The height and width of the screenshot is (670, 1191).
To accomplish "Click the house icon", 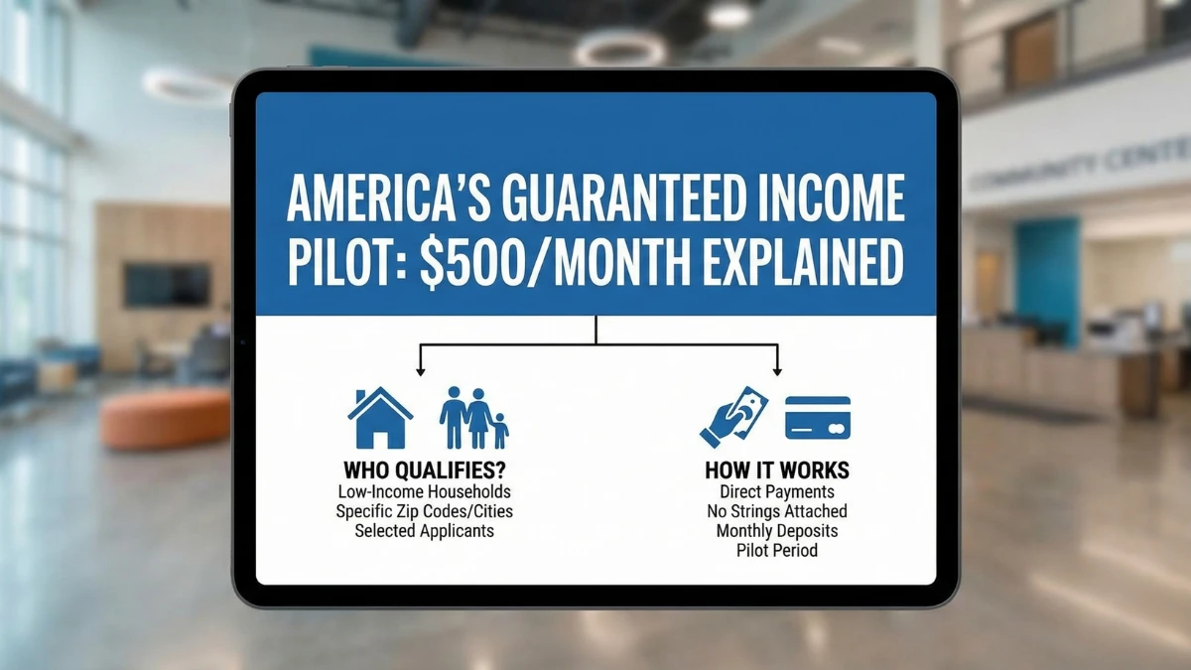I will point(380,418).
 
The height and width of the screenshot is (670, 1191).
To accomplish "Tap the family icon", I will point(473,418).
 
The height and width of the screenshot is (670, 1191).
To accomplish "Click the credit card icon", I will point(818,418).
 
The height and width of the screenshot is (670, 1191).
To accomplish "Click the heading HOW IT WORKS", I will point(777,469).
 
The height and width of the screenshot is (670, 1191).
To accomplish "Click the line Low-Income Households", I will point(424,491).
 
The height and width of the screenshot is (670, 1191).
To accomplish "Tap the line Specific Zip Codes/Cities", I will point(424,511).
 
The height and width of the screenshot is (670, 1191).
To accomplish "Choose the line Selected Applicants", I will point(424,531).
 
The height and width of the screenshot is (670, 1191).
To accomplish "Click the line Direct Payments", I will point(777,491).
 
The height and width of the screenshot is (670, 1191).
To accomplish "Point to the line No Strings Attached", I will point(777,511).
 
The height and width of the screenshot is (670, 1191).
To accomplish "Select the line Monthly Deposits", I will point(777,531).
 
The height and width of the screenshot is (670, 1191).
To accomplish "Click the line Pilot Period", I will point(777,551).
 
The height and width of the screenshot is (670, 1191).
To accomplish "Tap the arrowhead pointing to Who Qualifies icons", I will point(421,371).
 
